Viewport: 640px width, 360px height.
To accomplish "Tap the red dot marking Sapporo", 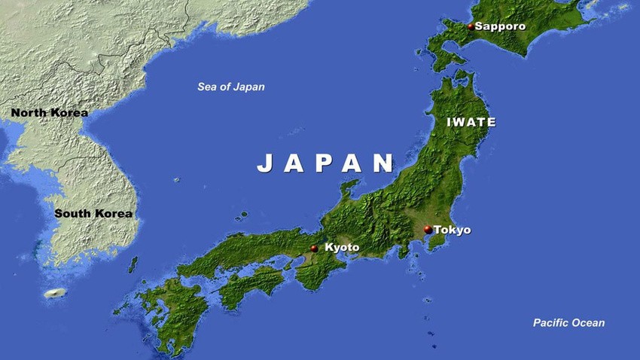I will (471, 26).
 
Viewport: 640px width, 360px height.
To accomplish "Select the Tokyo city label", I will (453, 230).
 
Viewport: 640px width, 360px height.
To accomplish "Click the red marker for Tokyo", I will (428, 229).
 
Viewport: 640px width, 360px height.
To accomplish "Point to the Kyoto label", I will (342, 247).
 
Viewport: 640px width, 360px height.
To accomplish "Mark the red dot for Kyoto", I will (314, 248).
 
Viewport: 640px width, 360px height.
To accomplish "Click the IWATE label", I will (471, 122).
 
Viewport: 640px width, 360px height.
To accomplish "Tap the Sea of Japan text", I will (231, 87).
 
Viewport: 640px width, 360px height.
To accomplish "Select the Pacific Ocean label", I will (568, 323).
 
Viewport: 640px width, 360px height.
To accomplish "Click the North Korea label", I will (50, 113).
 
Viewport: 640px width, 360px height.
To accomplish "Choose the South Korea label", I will (93, 213).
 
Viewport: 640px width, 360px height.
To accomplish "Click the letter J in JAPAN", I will (264, 163).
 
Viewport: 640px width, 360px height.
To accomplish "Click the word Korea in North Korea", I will (70, 113).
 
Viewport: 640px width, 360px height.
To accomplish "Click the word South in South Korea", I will (73, 213).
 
